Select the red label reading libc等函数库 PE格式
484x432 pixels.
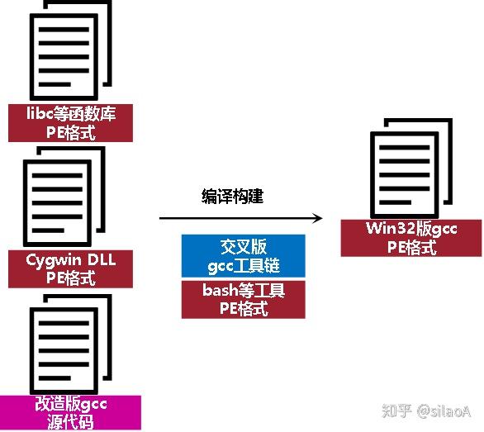[70, 123]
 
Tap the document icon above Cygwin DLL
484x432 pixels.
[64, 197]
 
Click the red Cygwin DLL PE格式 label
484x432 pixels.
[70, 269]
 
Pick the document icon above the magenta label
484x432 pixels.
[70, 344]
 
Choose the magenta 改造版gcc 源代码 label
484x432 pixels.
[70, 413]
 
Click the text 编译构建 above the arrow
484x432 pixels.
[232, 197]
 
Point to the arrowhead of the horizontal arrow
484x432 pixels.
[318, 218]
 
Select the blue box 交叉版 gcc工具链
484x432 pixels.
[243, 256]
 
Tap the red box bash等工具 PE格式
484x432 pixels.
[243, 300]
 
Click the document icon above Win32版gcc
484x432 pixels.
[411, 169]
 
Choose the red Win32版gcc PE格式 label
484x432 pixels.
[411, 238]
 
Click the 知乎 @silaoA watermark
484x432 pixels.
[426, 411]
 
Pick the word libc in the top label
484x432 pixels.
[40, 113]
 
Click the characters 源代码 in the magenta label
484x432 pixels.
[70, 421]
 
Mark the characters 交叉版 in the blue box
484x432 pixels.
[244, 246]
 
